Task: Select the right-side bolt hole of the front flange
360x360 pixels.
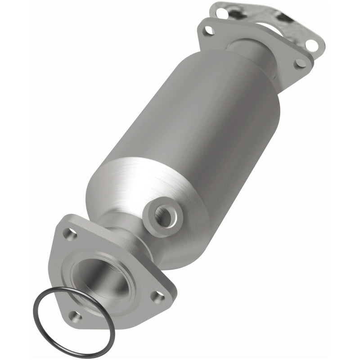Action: [156, 295]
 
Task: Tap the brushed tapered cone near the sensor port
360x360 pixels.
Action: [135, 189]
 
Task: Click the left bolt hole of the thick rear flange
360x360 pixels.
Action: [208, 31]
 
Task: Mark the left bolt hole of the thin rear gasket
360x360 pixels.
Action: [221, 13]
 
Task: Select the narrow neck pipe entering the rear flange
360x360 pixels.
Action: [245, 47]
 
